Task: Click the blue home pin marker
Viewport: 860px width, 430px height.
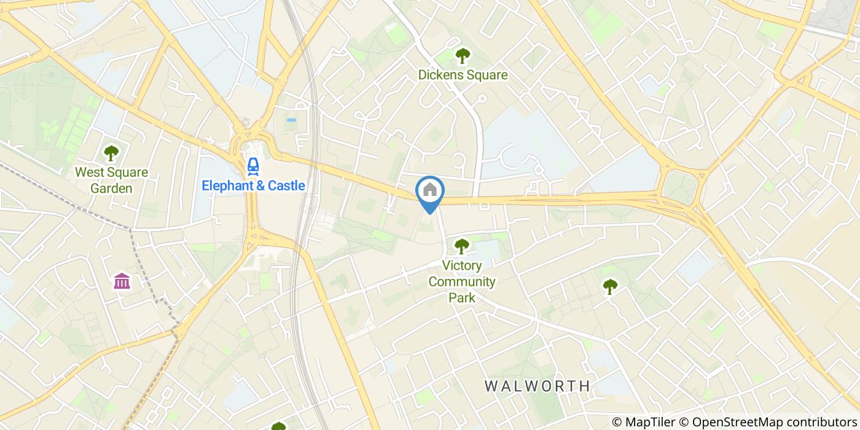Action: point(430,191)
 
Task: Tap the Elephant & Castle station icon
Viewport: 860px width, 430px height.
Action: point(252,165)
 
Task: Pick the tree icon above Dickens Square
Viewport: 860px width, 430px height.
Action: point(462,56)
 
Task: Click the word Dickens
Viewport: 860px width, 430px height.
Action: point(440,75)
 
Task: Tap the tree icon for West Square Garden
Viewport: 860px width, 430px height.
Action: point(111,153)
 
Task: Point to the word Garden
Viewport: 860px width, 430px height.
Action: point(111,188)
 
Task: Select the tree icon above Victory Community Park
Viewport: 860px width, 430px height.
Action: point(461,246)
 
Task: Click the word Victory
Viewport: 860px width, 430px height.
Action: point(462,266)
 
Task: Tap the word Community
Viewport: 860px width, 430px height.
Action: point(462,282)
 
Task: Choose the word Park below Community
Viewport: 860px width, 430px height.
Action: point(462,298)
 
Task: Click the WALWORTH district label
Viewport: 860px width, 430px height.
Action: point(537,386)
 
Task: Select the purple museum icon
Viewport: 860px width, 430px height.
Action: point(122,281)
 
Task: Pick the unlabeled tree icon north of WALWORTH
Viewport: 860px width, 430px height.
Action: point(609,286)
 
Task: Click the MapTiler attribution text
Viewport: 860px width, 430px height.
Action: point(651,422)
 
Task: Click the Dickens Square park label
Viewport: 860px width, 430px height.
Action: point(463,75)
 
